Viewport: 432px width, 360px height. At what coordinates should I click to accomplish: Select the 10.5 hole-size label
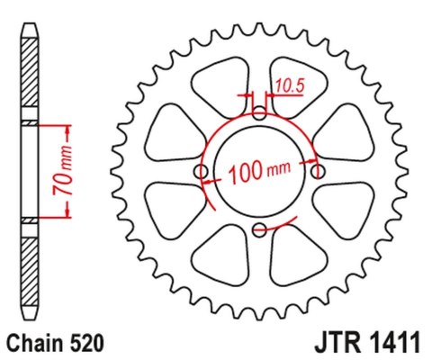(x=290, y=86)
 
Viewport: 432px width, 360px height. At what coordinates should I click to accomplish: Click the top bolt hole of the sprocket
(x=259, y=113)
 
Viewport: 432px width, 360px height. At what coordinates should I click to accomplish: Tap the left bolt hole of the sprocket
(x=202, y=171)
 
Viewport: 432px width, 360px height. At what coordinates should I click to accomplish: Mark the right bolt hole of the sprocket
(x=317, y=171)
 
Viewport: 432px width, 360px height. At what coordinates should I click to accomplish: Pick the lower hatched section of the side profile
(x=31, y=261)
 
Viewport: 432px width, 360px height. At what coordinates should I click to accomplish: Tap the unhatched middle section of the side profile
(x=31, y=171)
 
